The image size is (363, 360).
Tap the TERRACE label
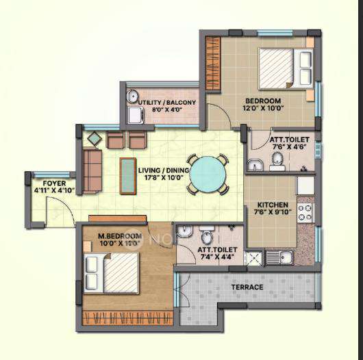click(x=247, y=287)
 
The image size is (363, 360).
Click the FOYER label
click(x=51, y=183)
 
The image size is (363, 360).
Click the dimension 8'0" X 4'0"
click(x=167, y=110)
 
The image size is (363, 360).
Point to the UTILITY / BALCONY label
click(x=167, y=103)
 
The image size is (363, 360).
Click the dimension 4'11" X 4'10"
click(x=51, y=190)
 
